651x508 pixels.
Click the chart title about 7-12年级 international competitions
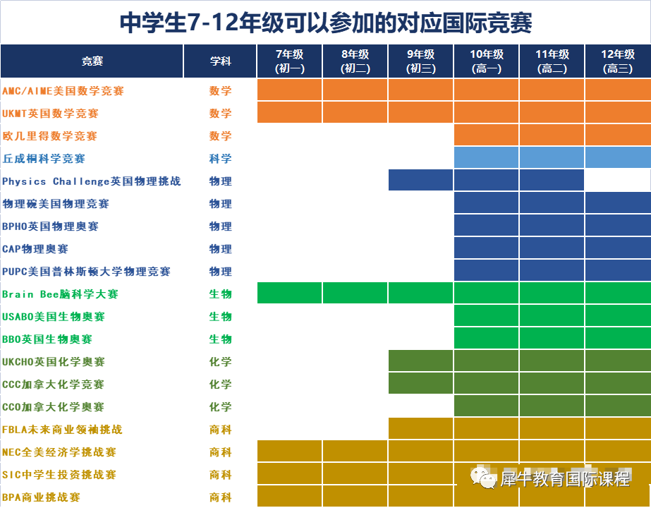pos(325,23)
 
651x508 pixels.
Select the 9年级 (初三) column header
pos(420,61)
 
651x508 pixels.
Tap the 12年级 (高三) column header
pos(617,61)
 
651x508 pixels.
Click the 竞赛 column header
pos(92,61)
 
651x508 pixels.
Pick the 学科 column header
pos(220,61)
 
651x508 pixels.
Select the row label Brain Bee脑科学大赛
pos(61,294)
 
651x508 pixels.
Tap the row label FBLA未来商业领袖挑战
pos(63,430)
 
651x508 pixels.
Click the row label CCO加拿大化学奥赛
pos(54,407)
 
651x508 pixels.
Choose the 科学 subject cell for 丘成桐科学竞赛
pos(220,159)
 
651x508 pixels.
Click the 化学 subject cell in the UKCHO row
pos(220,362)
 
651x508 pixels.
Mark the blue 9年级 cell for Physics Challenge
pos(420,181)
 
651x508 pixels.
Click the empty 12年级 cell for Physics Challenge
pos(617,181)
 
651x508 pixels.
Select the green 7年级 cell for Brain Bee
pos(289,294)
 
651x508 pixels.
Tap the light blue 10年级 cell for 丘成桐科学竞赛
pos(486,158)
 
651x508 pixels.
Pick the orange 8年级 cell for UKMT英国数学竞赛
pos(355,113)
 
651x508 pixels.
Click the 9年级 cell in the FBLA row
pos(420,429)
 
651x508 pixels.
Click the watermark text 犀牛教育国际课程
pos(564,480)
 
